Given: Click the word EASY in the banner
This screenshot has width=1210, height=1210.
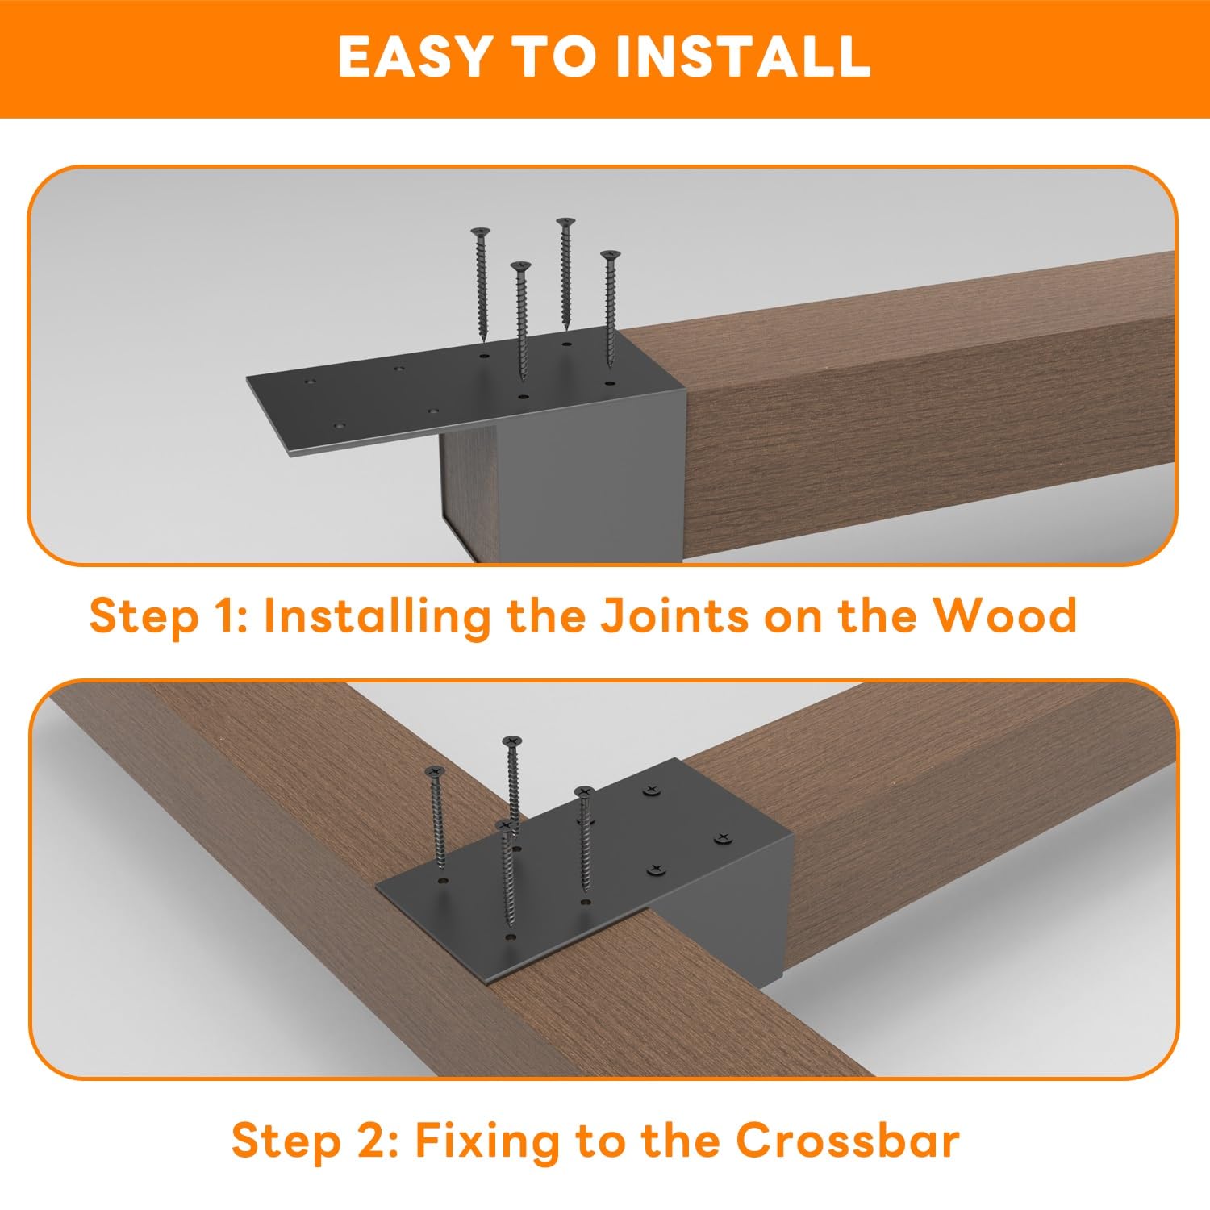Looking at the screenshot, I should coord(411,56).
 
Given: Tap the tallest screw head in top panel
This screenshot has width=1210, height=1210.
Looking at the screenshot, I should coord(565,221).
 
